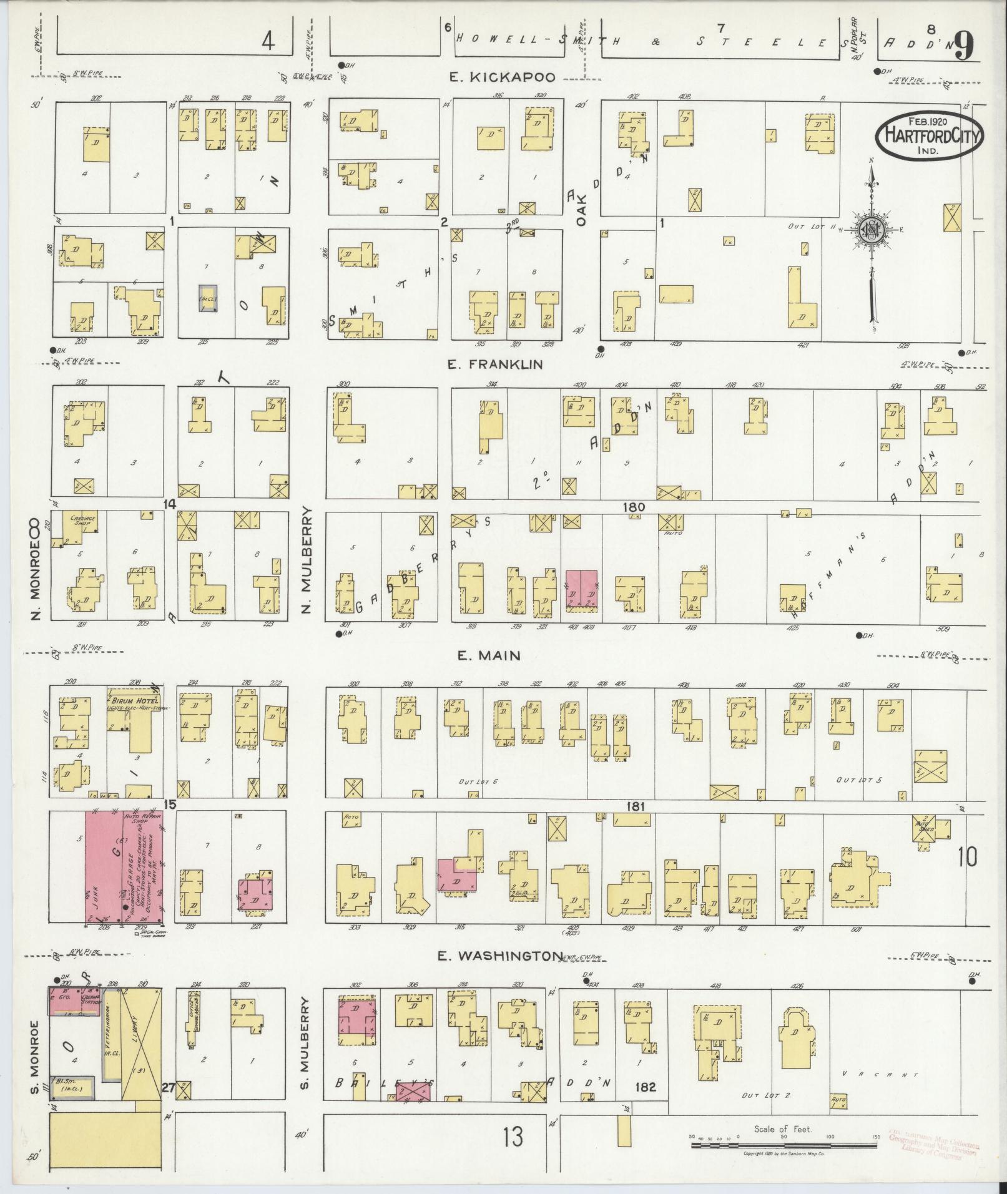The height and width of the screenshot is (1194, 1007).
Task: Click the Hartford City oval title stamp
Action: [930, 136]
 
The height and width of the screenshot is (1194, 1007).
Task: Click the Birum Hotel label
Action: [133, 701]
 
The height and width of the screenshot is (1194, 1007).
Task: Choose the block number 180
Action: [633, 507]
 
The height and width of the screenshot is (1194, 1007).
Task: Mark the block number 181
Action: [635, 806]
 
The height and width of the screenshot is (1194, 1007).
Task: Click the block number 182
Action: [644, 1087]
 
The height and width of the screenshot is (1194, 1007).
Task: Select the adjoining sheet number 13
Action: [515, 1138]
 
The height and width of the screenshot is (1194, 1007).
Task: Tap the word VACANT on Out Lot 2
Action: [880, 1075]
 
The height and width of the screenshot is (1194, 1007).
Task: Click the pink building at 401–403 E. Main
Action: [581, 589]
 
